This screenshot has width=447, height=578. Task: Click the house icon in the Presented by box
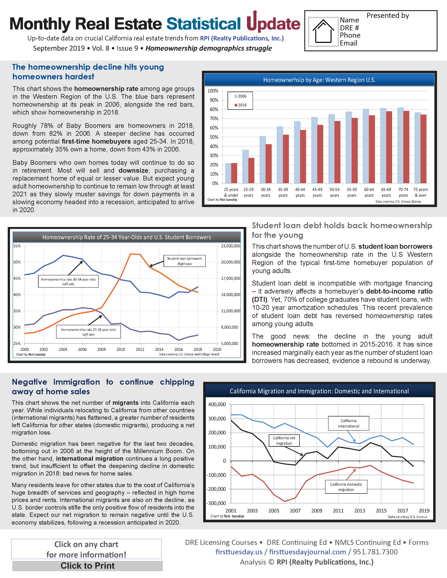point(323,31)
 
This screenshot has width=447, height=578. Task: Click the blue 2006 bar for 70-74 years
point(400,146)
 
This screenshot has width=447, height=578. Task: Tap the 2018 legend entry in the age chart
point(241,105)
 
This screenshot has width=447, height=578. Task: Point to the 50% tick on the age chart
point(213,137)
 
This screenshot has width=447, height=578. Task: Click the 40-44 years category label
point(300,192)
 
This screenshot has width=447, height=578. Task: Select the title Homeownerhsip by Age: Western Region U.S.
point(319,80)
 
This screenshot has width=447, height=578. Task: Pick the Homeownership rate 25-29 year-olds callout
point(89,332)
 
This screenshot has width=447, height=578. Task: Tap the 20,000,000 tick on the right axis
point(230,262)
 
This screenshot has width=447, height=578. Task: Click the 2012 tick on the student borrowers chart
point(140,349)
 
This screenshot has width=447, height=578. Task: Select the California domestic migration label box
point(346,487)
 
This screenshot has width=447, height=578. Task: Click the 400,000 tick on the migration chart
point(217,404)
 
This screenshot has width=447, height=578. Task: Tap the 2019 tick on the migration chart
point(424,511)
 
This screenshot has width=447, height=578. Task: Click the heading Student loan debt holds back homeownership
point(342,225)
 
